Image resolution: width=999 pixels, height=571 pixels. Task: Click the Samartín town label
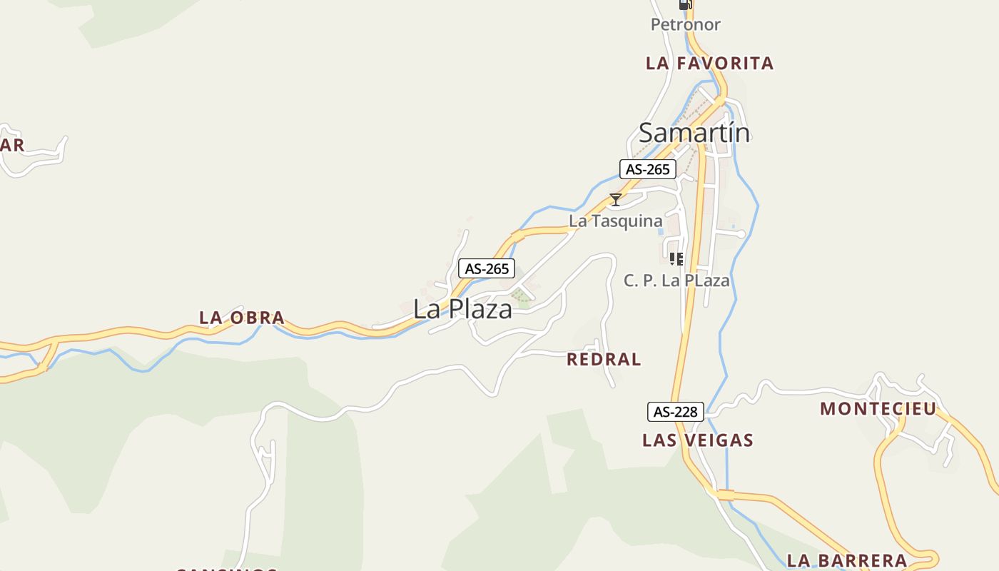694,133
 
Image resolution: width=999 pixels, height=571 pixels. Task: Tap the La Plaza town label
462,309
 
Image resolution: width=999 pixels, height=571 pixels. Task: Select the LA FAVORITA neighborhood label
709,64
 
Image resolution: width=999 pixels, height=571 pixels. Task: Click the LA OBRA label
242,318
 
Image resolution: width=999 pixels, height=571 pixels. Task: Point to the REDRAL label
604,360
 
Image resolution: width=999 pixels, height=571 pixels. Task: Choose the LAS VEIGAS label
697,440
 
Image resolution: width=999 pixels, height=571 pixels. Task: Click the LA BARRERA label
846,560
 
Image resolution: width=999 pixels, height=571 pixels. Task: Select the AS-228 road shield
676,412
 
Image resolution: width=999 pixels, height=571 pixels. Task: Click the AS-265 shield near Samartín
647,169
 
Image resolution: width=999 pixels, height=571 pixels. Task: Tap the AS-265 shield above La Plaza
486,268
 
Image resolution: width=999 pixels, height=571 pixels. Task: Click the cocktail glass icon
615,200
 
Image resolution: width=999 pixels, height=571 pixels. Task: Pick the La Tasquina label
615,221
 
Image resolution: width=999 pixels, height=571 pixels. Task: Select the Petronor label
685,24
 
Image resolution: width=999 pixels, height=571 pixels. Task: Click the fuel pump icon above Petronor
685,4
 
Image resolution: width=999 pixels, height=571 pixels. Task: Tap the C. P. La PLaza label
676,281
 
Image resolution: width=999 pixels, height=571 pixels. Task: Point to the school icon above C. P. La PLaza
676,259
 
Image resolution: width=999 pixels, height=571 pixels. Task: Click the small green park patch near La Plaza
522,300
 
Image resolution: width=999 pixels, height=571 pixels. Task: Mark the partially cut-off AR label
12,146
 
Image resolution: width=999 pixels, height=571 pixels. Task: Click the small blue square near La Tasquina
660,231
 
